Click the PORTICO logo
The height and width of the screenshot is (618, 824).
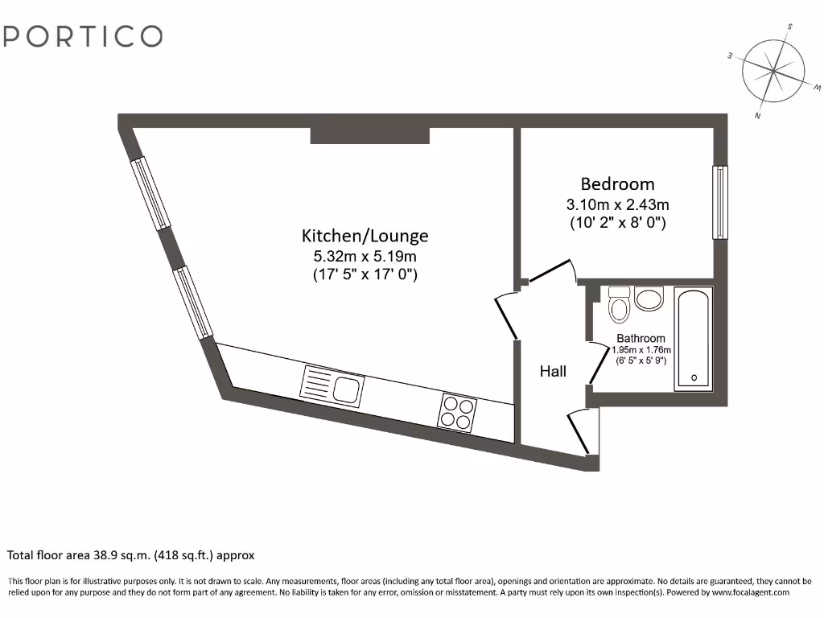84,36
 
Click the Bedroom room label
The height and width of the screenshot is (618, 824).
617,184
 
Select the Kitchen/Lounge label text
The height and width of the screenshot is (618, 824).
365,236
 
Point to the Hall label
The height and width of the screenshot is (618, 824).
553,371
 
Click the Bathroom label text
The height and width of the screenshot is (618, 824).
641,339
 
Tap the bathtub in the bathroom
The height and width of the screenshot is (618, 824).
693,339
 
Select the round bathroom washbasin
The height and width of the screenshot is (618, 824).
649,299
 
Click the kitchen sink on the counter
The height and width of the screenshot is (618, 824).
332,385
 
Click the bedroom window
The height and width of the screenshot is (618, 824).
719,202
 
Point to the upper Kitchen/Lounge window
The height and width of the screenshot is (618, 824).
151,193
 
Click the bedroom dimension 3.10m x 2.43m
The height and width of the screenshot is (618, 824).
617,204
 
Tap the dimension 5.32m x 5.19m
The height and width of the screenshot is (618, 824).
365,257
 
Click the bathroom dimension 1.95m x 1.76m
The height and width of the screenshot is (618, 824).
641,350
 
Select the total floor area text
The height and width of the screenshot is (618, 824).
131,555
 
